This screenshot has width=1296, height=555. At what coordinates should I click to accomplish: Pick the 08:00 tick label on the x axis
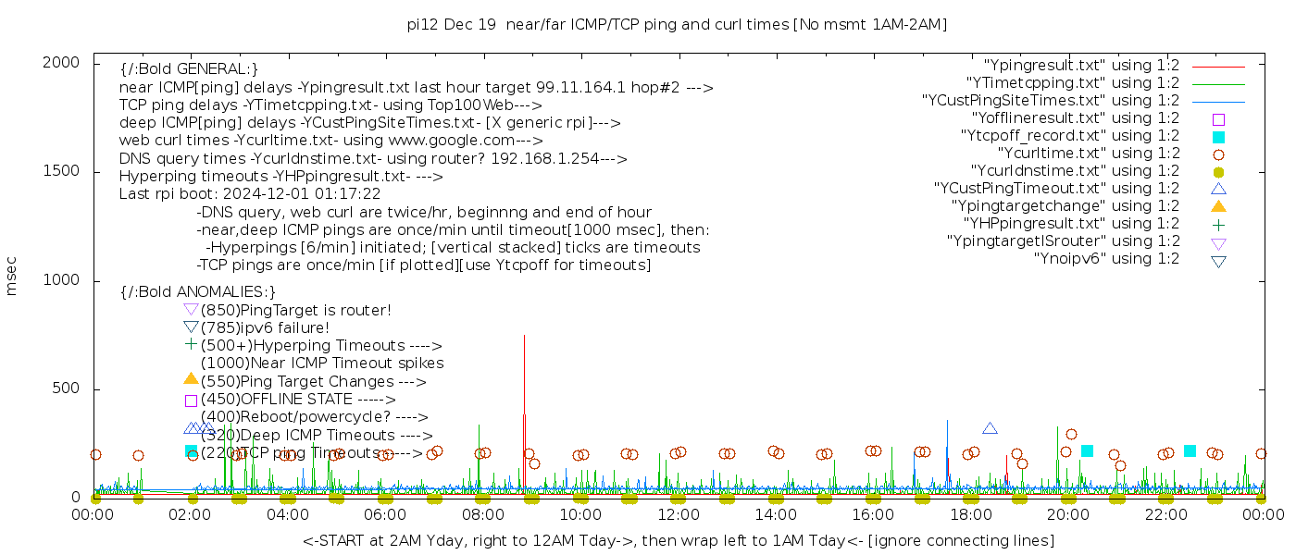[483, 515]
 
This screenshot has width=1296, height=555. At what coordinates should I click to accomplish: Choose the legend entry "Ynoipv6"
[1106, 259]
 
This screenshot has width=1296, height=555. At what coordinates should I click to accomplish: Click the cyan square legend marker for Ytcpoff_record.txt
[1218, 137]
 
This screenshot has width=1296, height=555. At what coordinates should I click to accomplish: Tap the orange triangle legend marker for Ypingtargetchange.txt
[1218, 206]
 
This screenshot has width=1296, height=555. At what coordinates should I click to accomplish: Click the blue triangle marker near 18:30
[990, 428]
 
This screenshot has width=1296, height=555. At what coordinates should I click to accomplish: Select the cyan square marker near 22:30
[1190, 451]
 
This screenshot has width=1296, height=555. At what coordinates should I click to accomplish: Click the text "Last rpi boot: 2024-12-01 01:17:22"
[250, 194]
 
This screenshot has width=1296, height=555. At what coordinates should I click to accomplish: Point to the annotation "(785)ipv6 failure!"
[265, 327]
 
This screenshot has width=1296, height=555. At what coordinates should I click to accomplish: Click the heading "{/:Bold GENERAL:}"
[189, 69]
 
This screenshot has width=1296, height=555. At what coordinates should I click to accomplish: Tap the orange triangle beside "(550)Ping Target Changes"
[191, 378]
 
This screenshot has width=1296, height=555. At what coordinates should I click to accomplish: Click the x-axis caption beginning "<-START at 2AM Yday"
[678, 540]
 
